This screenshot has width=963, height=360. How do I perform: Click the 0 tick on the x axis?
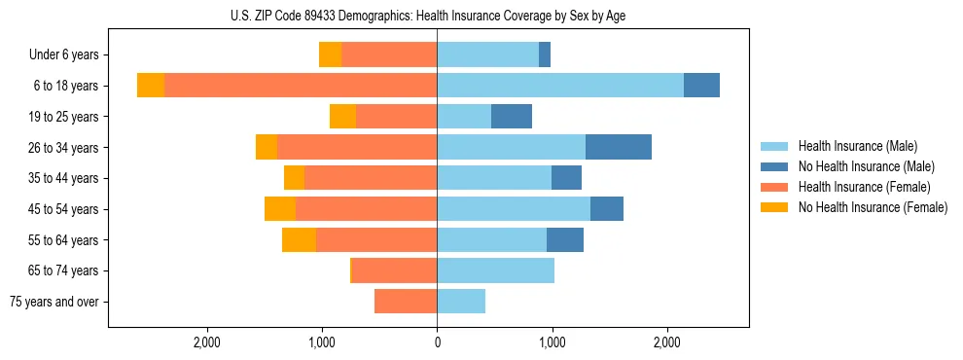(x=437, y=342)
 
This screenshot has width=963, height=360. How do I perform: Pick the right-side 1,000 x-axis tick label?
(x=552, y=342)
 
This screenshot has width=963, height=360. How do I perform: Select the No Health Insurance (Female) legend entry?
(x=873, y=207)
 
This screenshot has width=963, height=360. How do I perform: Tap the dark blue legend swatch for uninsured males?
(x=774, y=166)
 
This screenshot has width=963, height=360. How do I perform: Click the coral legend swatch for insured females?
(x=774, y=187)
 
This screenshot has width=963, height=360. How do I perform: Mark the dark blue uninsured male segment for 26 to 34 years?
(x=619, y=147)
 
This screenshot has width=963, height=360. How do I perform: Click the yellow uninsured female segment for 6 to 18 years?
(x=151, y=86)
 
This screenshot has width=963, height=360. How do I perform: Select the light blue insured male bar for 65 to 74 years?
(x=495, y=270)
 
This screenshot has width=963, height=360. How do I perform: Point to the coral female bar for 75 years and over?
(x=406, y=302)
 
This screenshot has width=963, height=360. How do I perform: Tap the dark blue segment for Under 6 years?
(x=545, y=54)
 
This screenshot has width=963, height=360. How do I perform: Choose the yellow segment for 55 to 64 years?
(x=299, y=239)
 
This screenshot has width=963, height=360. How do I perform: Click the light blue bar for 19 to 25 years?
(x=464, y=117)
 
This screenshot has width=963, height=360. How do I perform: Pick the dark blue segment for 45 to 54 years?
(x=607, y=209)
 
